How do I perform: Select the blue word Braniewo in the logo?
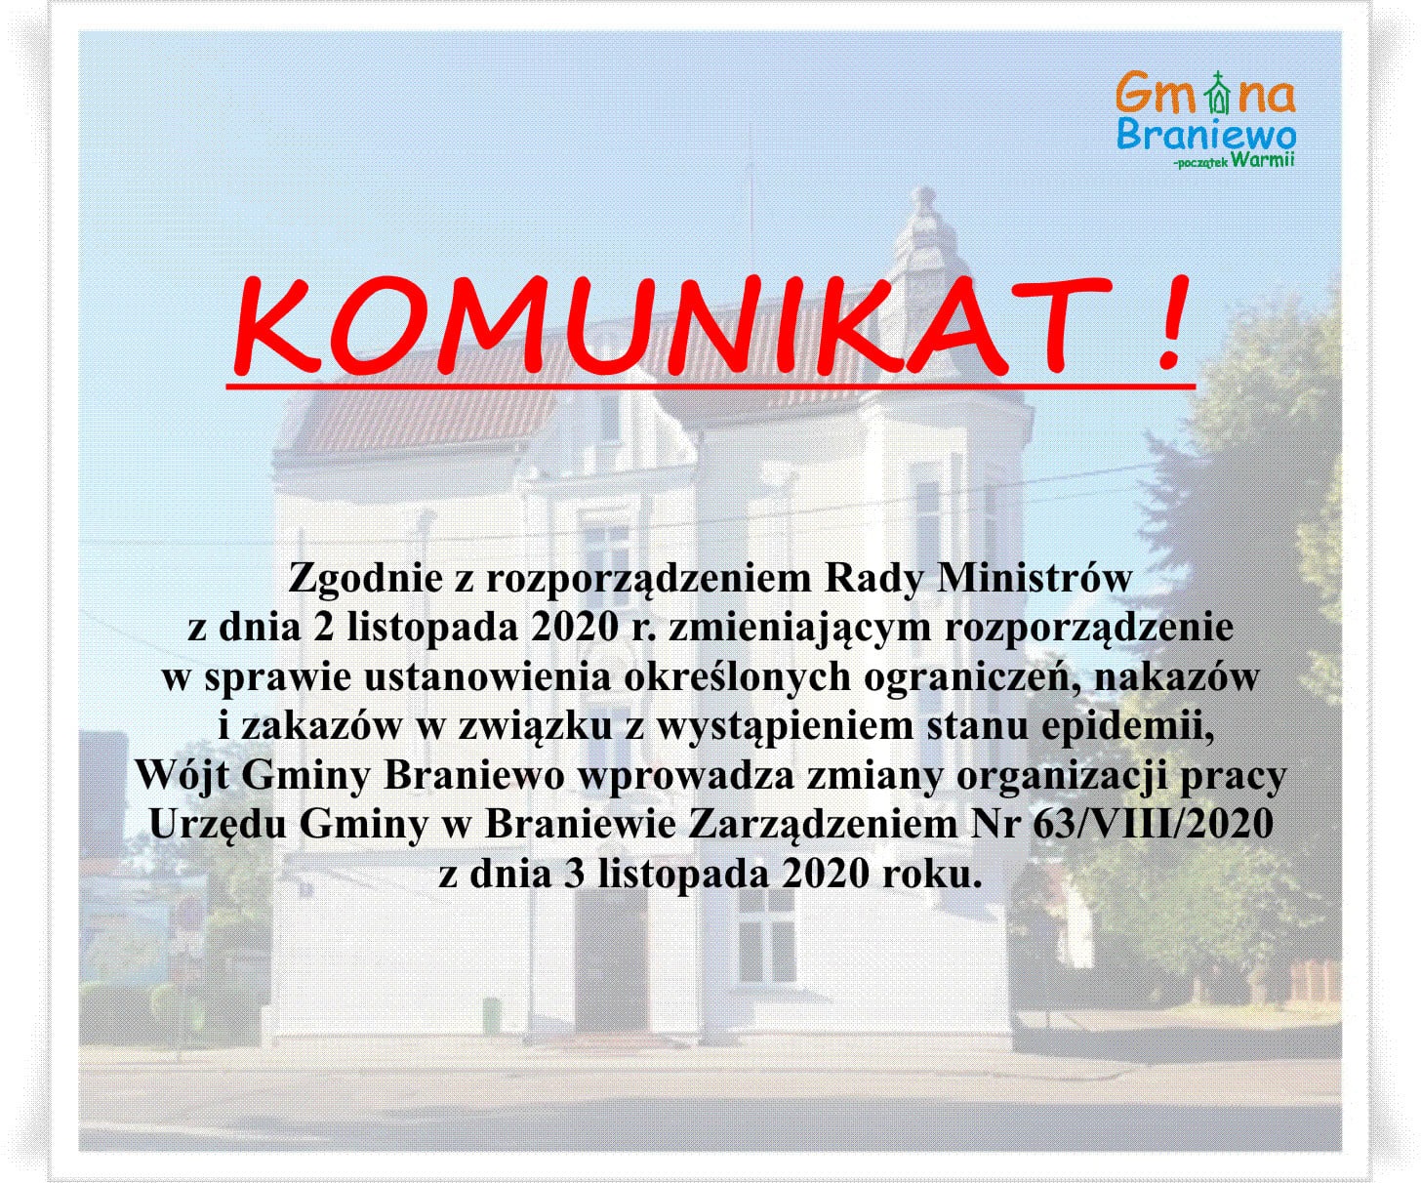pyautogui.click(x=1206, y=135)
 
